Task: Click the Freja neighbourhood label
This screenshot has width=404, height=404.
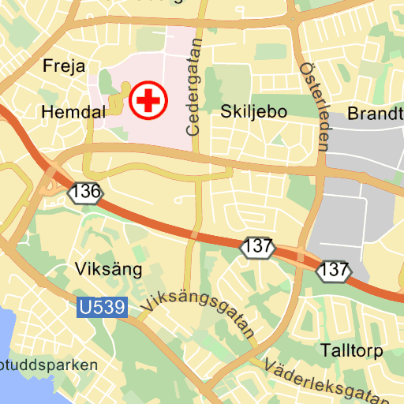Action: point(64,65)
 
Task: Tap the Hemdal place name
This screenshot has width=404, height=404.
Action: point(73,113)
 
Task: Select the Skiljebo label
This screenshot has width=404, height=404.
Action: point(253,111)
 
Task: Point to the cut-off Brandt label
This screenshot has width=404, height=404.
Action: point(376,113)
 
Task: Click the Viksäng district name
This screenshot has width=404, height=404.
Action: point(108,269)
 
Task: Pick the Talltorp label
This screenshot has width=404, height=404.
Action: point(352,350)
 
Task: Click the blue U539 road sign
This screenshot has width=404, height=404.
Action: point(102,307)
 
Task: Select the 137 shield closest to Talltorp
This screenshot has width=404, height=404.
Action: point(335,270)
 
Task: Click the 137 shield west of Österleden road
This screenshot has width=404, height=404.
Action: point(258,246)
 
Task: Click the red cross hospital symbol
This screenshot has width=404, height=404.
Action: point(149,100)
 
